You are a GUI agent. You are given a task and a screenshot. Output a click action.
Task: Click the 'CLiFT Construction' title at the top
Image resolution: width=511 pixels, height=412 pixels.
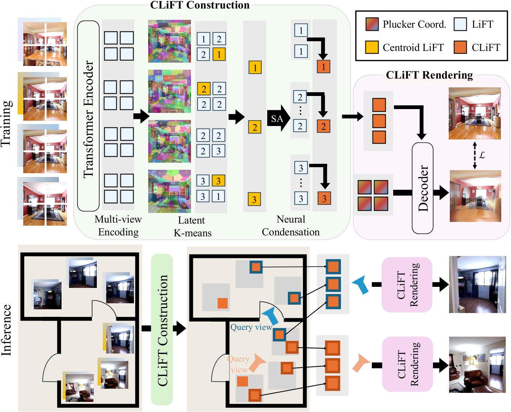pyautogui.click(x=200, y=5)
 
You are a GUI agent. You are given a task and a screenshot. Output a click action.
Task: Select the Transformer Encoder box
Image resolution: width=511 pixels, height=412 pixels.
pyautogui.click(x=88, y=116)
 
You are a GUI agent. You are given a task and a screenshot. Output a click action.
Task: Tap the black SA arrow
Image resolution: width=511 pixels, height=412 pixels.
pyautogui.click(x=278, y=118)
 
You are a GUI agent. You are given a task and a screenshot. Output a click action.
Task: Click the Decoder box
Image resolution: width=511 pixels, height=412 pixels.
pyautogui.click(x=422, y=188)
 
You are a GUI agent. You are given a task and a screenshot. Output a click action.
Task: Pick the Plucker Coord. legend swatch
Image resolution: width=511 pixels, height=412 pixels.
pyautogui.click(x=372, y=24)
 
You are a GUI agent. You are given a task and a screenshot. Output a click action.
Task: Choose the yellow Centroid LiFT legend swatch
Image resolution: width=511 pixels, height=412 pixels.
pyautogui.click(x=372, y=47)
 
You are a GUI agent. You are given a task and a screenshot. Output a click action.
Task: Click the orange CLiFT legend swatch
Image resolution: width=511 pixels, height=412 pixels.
pyautogui.click(x=460, y=47)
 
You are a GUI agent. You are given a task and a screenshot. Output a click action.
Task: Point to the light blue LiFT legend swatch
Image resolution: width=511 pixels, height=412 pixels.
pyautogui.click(x=460, y=24)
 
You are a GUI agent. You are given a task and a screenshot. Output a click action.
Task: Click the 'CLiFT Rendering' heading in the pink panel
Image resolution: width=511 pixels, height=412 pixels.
pyautogui.click(x=429, y=75)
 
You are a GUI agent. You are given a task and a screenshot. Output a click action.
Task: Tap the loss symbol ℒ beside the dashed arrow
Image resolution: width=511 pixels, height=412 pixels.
pyautogui.click(x=482, y=155)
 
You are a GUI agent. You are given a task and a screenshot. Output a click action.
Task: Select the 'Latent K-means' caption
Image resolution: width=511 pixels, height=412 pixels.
pyautogui.click(x=192, y=226)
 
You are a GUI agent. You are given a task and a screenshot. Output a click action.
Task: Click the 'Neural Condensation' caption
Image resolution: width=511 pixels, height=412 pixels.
pyautogui.click(x=290, y=226)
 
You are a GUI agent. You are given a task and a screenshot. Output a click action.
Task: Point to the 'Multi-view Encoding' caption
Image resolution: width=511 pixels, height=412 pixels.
pyautogui.click(x=118, y=226)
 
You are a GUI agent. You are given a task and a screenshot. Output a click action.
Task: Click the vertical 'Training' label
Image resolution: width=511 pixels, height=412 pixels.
pyautogui.click(x=7, y=123)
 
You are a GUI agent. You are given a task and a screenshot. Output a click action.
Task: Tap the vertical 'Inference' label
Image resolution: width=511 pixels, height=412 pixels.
pyautogui.click(x=7, y=330)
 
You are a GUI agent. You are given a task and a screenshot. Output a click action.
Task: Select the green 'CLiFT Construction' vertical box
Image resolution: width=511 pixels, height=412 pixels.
pyautogui.click(x=162, y=330)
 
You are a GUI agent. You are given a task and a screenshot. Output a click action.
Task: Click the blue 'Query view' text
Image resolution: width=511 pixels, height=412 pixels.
pyautogui.click(x=251, y=327)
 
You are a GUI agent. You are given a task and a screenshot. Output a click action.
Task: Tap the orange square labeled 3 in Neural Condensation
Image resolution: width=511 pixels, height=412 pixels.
pyautogui.click(x=324, y=198)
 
